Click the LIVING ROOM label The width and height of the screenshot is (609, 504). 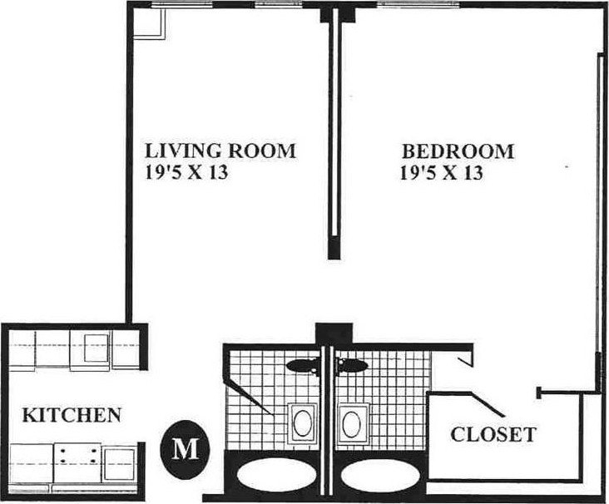220,151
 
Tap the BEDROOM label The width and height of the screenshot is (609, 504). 458,151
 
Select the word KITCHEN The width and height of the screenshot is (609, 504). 72,415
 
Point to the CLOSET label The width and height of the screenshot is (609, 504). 493,433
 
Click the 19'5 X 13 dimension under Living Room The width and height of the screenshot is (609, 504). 186,172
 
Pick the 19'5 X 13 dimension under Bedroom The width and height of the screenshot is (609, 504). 441,172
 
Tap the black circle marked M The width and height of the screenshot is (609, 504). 186,449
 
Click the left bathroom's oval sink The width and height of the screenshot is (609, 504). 302,422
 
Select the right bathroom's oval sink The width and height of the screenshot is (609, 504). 351,422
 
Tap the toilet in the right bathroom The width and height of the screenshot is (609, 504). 351,365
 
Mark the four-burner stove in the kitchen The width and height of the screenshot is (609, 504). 77,463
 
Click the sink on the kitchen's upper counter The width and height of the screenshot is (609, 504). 97,348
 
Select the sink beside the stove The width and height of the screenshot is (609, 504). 120,464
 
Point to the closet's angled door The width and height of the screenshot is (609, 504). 488,404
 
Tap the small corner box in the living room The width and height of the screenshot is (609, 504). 149,23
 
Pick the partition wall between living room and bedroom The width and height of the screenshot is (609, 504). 334,134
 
